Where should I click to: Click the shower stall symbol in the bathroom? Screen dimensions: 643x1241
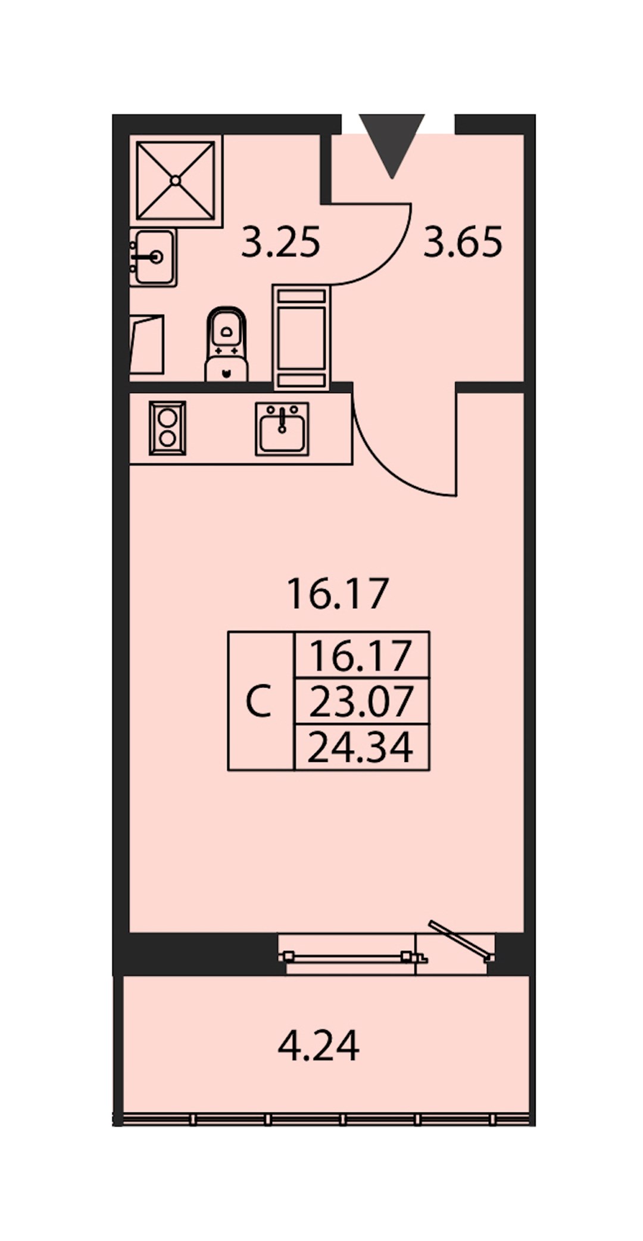click(176, 181)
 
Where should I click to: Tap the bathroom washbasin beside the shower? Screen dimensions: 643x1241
click(153, 257)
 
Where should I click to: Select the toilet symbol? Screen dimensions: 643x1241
click(226, 344)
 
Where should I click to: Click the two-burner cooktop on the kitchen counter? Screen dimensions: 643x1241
click(167, 428)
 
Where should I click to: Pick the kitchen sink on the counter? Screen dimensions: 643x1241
click(282, 429)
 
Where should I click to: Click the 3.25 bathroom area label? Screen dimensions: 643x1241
click(281, 242)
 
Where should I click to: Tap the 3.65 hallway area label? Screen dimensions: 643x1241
click(463, 242)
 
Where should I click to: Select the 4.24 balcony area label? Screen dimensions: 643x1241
click(319, 1046)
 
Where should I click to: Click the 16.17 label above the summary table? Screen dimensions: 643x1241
click(338, 594)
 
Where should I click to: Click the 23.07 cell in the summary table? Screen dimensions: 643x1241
click(362, 701)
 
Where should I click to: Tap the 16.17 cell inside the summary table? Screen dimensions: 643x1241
click(362, 655)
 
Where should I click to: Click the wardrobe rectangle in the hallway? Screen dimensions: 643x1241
click(301, 337)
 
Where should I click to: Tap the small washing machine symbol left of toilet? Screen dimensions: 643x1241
click(147, 345)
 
